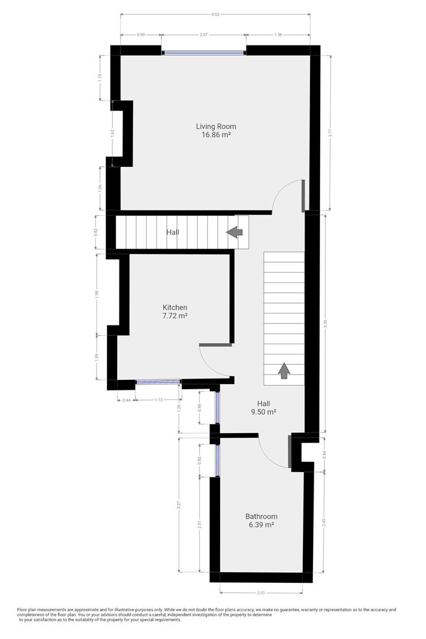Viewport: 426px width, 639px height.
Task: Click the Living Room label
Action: [216, 126]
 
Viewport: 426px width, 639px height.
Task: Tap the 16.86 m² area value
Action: [216, 135]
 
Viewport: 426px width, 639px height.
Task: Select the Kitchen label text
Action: [175, 307]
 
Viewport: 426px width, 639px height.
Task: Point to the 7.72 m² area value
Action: [175, 316]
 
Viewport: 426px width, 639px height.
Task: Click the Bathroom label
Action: [262, 516]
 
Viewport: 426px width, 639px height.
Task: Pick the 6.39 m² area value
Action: [262, 525]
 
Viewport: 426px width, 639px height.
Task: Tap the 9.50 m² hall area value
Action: [263, 412]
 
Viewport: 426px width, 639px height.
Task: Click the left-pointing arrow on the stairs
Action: [235, 233]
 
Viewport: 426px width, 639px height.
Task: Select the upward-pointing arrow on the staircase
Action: [284, 371]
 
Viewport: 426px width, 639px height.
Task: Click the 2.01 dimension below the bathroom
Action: [261, 593]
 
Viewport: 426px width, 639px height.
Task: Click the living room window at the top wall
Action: [204, 52]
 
